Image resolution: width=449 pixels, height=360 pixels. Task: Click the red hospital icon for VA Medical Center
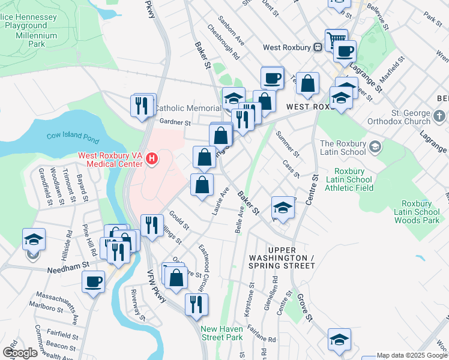coord(152,159)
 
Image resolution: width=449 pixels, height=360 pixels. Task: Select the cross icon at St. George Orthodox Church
coord(439,115)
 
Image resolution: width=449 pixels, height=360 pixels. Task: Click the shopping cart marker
coord(336,40)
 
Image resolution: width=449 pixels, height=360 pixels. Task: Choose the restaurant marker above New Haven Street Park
coord(196,304)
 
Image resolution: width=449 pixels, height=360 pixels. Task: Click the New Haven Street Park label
coord(221,333)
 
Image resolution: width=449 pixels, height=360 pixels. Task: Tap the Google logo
coord(20,353)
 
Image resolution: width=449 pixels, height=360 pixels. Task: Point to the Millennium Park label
coord(37,40)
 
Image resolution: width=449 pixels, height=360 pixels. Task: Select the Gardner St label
coord(175,122)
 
